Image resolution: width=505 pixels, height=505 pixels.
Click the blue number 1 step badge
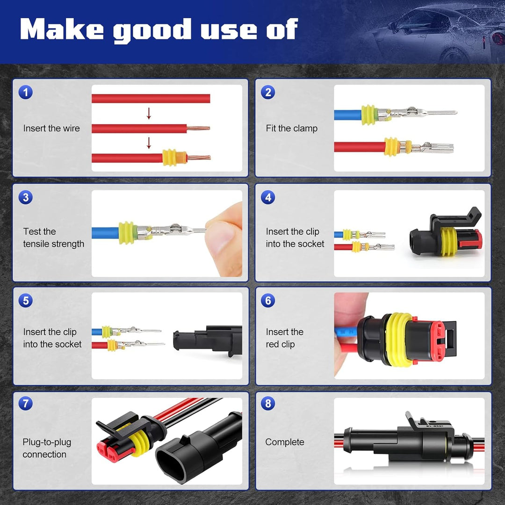point(26,92)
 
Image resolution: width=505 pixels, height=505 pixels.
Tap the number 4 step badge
point(268,197)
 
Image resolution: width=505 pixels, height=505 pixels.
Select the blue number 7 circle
point(26,403)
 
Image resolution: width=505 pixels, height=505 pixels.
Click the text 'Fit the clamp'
point(291,128)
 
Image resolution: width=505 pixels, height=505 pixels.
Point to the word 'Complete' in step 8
point(285,442)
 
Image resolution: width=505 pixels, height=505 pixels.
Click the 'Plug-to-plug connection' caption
point(47,448)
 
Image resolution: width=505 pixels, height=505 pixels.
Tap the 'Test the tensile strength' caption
point(53,238)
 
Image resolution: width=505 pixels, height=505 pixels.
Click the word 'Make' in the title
point(62,29)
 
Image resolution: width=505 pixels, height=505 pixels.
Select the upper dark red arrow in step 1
point(149,113)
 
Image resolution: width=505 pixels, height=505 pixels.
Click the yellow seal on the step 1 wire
point(170,158)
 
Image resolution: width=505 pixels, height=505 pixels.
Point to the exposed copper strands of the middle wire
point(198,128)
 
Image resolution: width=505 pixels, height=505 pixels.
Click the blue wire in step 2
point(348,115)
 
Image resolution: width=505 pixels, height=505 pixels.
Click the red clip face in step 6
point(438,339)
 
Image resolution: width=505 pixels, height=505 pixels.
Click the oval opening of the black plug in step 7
point(171,464)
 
